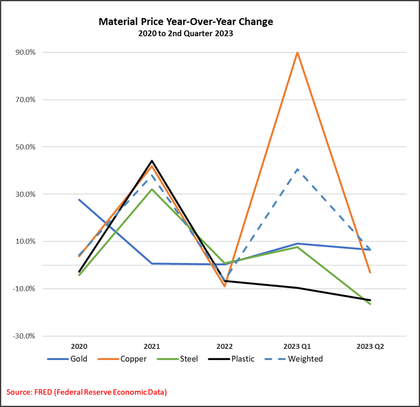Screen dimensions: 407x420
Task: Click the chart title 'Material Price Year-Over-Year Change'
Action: point(186,22)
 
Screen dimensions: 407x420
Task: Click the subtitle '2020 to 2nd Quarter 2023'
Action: point(186,33)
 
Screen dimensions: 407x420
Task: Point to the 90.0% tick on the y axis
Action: point(26,53)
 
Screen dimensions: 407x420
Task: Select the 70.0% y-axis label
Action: point(26,99)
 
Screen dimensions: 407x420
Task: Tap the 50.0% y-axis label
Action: point(26,147)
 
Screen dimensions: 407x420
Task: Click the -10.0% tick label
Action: point(25,289)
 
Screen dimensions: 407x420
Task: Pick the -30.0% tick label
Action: point(25,336)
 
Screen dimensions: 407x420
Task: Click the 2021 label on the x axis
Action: point(152,347)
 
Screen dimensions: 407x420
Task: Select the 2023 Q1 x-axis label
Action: point(297,347)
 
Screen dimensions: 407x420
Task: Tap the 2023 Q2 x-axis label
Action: point(370,347)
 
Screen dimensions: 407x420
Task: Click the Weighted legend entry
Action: point(305,359)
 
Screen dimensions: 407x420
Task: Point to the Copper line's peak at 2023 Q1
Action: point(297,53)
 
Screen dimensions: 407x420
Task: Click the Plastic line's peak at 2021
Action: point(152,161)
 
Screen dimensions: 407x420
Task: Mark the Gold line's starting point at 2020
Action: point(79,200)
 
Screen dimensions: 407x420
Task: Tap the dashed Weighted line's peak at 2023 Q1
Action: point(297,169)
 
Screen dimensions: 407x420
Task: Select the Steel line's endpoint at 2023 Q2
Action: point(370,304)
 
